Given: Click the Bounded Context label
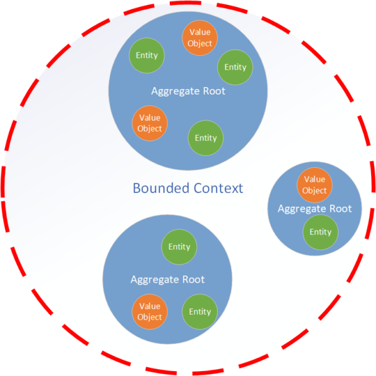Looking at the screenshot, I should [x=188, y=187].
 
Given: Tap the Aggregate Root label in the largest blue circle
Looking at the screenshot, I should [x=188, y=91].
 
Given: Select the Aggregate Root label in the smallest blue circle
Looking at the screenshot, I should [x=315, y=209].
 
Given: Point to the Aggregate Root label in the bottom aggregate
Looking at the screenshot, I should [x=167, y=279].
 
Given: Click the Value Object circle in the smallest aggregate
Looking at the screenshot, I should [x=315, y=185].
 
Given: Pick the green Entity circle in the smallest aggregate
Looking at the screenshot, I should [x=320, y=232].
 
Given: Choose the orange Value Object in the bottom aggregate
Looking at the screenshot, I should [x=150, y=311].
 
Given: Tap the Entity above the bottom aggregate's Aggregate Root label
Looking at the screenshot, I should [x=179, y=247].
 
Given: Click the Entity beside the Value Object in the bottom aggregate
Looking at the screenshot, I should [x=200, y=311].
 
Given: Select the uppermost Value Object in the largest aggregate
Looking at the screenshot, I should [x=200, y=38].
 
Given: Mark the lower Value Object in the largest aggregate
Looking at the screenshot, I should [x=150, y=123].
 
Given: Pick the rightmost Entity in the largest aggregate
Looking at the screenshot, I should [x=235, y=67].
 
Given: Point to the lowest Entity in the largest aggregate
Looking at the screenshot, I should [x=206, y=138].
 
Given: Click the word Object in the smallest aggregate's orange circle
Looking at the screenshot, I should [x=315, y=191].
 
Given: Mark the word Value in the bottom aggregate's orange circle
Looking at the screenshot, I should [x=150, y=306].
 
